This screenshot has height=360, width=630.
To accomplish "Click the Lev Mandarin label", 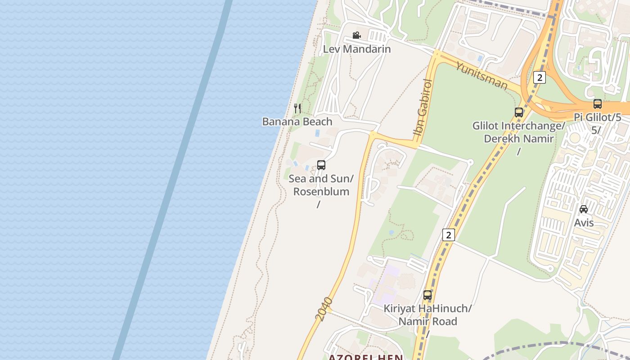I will pyautogui.click(x=357, y=49).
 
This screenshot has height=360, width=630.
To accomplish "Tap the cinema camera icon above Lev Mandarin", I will pyautogui.click(x=356, y=35).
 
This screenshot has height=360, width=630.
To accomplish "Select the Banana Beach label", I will pyautogui.click(x=297, y=121).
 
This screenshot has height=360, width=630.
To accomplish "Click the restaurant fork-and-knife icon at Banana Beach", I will pyautogui.click(x=297, y=108).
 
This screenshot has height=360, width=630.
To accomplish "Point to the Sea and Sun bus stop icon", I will pyautogui.click(x=321, y=165).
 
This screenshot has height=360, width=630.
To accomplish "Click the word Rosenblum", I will pyautogui.click(x=321, y=191).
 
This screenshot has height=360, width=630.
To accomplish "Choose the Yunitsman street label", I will pyautogui.click(x=481, y=76).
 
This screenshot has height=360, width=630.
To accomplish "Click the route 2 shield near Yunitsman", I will pyautogui.click(x=539, y=77).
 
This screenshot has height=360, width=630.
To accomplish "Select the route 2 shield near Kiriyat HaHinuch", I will pyautogui.click(x=448, y=234).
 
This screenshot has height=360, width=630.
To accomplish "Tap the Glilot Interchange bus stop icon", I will pyautogui.click(x=518, y=112).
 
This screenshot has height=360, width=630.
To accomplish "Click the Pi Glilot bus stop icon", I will pyautogui.click(x=597, y=104).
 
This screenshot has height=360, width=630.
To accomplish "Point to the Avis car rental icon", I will pyautogui.click(x=584, y=209).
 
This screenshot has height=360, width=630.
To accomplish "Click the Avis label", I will pyautogui.click(x=584, y=223).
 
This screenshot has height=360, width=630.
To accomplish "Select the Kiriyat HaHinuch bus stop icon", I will pyautogui.click(x=427, y=295).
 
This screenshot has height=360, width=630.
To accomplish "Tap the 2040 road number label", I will pyautogui.click(x=324, y=309).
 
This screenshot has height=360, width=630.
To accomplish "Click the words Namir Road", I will pyautogui.click(x=427, y=321).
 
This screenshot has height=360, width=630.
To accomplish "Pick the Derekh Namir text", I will pyautogui.click(x=518, y=139).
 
